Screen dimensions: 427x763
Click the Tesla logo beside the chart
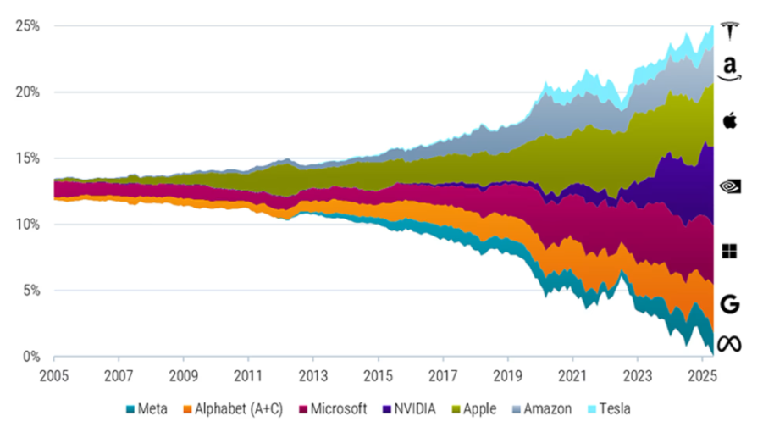click(x=729, y=30)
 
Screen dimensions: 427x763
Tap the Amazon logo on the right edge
click(x=729, y=67)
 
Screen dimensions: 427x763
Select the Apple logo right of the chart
click(x=729, y=120)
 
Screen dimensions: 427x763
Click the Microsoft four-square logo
click(x=729, y=251)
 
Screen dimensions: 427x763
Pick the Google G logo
click(x=729, y=304)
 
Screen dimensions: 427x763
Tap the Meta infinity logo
click(x=729, y=344)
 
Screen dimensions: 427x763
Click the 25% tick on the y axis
click(x=27, y=26)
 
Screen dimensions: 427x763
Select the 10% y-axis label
click(x=27, y=225)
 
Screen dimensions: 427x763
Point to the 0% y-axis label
click(x=30, y=357)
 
